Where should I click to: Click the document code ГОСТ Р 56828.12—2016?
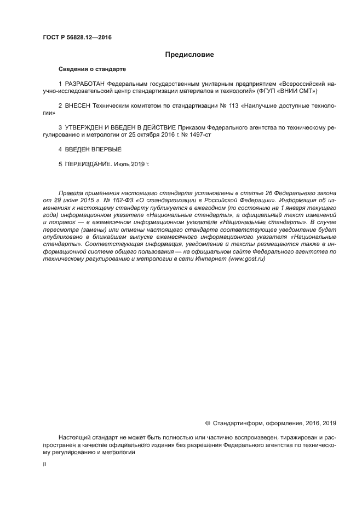point(77,37)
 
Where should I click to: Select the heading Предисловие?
point(189,55)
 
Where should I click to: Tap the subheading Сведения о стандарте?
point(92,69)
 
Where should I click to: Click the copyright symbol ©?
point(208,422)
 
